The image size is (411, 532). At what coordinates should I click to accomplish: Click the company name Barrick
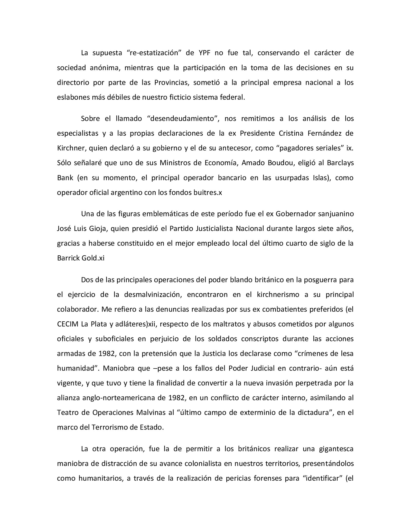pyautogui.click(x=68, y=258)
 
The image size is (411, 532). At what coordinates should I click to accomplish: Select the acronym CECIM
pyautogui.click(x=68, y=324)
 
